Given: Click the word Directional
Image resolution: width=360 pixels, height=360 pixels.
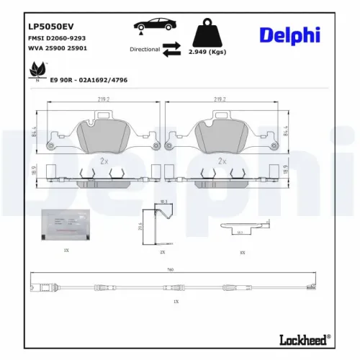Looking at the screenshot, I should tap(145, 50).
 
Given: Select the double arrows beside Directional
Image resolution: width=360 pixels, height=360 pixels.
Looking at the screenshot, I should tap(171, 50).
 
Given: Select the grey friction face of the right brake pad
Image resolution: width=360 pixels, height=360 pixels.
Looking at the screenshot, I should tap(221, 137).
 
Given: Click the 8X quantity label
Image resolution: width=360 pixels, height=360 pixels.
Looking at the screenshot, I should tap(243, 253).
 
